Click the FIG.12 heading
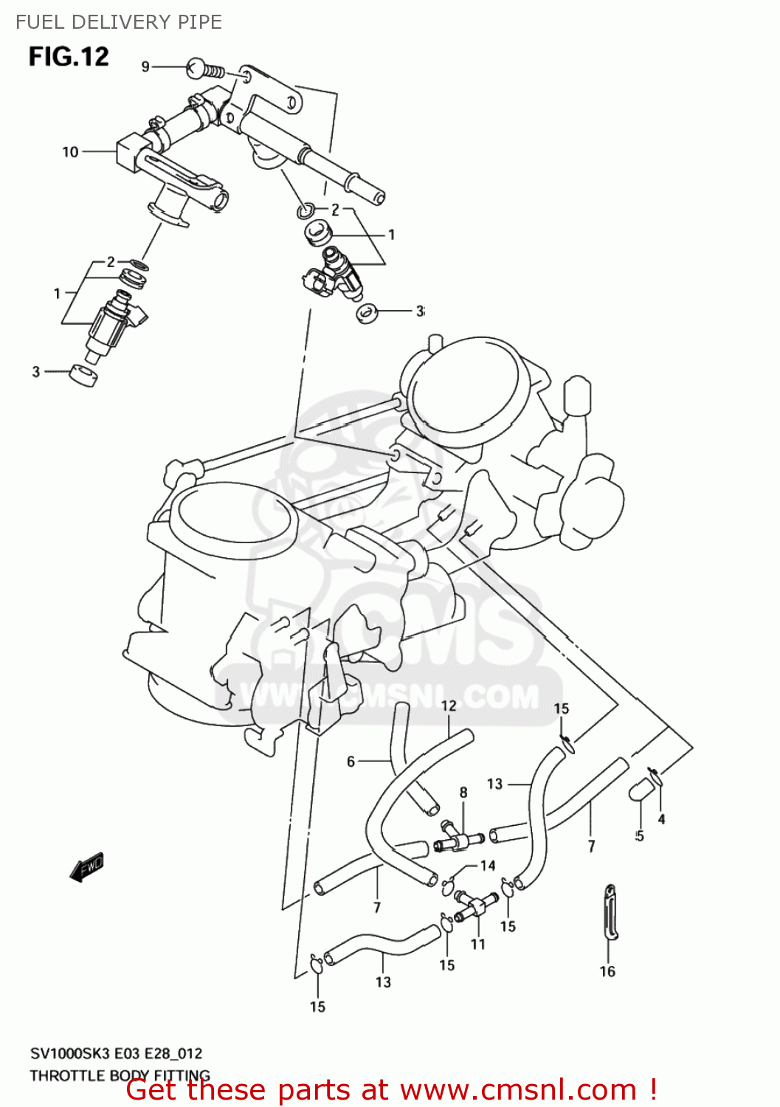[69, 57]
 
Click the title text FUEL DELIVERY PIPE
[119, 22]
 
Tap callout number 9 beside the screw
[145, 67]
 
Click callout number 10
[70, 152]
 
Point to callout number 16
[607, 971]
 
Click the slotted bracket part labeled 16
[610, 913]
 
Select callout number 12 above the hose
[449, 706]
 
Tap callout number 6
[351, 761]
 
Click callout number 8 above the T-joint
[463, 793]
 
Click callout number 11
[478, 944]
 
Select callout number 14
[488, 866]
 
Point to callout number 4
[661, 819]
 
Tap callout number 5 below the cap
[639, 835]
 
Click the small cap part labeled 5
[639, 789]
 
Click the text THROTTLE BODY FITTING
[120, 1075]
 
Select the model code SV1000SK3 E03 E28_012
[116, 1053]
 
